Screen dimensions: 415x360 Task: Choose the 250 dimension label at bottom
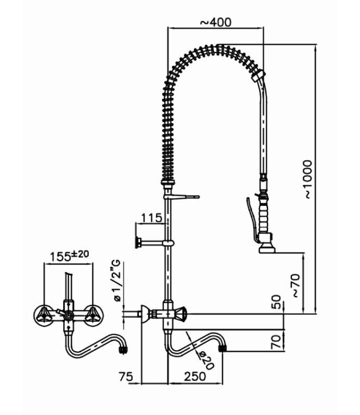pos(195,376)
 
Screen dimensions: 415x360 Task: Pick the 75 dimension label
pos(126,376)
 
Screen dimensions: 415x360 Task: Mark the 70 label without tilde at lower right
pos(277,339)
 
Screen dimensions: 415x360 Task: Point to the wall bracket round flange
pos(137,242)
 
